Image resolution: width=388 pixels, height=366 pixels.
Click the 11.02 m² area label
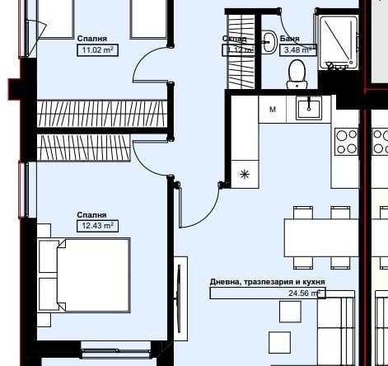point(96,49)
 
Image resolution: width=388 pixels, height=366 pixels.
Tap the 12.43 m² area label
point(96,224)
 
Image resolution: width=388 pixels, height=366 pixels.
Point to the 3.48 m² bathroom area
point(297,49)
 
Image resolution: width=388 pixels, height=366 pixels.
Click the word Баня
point(289,39)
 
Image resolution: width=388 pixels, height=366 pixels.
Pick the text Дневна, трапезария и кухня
point(267,282)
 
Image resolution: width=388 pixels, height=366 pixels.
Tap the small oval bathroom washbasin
point(269,40)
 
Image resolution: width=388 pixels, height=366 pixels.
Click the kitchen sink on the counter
point(313,108)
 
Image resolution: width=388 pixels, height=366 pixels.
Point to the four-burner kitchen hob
point(346,142)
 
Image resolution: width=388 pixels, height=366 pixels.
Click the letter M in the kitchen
point(272,109)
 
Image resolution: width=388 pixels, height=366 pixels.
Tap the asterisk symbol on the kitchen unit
point(244,174)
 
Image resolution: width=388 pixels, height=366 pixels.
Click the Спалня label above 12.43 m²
point(92,213)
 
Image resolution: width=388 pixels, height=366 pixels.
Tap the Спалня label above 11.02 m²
point(92,39)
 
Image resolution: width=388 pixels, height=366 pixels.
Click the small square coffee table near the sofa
point(290,311)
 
